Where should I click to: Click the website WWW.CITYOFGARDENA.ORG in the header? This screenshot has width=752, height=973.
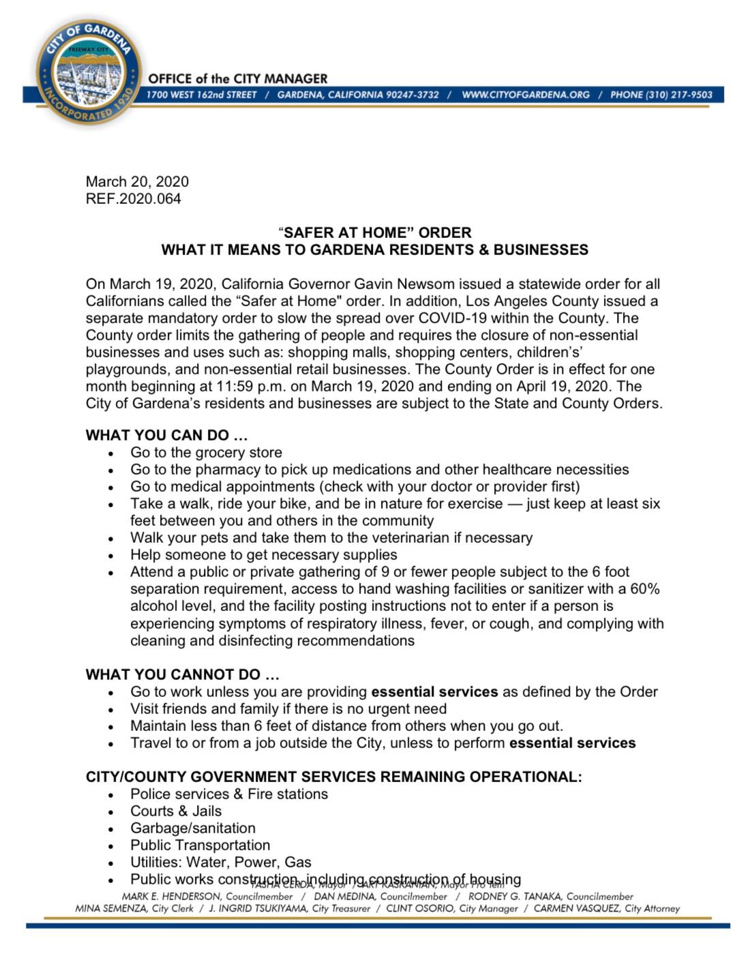(525, 95)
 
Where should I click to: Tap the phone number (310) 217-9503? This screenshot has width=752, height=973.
(661, 95)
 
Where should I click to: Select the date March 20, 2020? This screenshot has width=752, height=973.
(137, 181)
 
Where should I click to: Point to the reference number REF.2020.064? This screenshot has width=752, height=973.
(134, 198)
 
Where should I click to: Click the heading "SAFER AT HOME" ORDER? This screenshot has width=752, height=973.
(374, 233)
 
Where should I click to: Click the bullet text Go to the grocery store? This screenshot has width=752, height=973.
(206, 453)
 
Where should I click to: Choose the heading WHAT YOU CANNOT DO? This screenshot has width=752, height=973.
(182, 674)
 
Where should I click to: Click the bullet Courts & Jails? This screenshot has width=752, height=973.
(176, 811)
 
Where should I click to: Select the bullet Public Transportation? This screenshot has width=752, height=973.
(200, 845)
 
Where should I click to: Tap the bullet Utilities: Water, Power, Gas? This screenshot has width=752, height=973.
(220, 862)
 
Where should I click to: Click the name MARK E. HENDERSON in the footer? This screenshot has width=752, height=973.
(171, 897)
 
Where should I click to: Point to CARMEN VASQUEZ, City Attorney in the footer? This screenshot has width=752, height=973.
(607, 908)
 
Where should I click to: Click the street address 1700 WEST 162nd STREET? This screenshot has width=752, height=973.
(202, 95)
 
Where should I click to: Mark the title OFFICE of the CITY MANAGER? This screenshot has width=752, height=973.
(238, 78)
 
